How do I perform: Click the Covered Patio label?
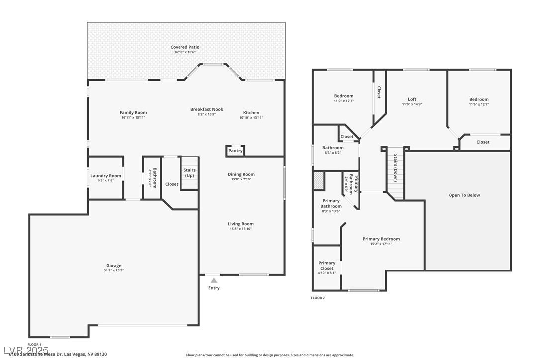(x=185, y=47)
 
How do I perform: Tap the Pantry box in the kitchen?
(x=235, y=151)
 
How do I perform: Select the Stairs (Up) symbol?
(x=189, y=173)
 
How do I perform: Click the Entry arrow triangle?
(x=214, y=281)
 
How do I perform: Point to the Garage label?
(x=114, y=266)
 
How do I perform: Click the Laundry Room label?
(x=106, y=176)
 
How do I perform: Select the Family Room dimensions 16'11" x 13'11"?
(x=133, y=118)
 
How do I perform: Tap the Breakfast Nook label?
(x=207, y=109)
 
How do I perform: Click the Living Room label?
(x=241, y=224)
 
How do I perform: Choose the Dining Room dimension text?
(x=241, y=179)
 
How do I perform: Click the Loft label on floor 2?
(x=412, y=99)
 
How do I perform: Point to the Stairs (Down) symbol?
(x=395, y=169)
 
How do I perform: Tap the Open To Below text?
(x=464, y=195)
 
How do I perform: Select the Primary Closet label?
(x=327, y=266)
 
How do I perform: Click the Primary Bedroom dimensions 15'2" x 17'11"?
(x=381, y=244)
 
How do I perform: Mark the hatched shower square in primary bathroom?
(x=319, y=180)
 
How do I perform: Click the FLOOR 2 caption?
(x=318, y=298)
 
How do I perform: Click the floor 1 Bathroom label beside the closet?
(x=155, y=178)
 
